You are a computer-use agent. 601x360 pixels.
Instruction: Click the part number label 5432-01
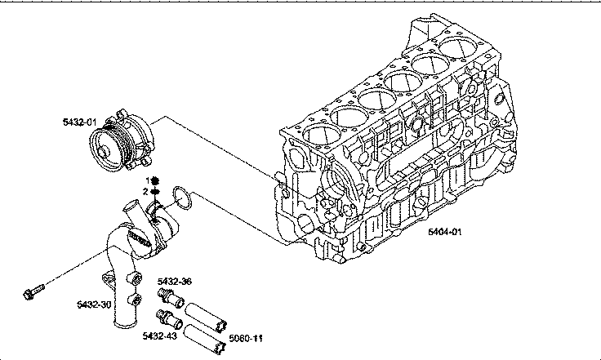80,122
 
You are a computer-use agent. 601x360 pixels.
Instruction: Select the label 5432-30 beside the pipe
94,304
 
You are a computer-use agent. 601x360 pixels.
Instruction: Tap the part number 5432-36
175,282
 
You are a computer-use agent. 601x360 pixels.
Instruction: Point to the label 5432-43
159,336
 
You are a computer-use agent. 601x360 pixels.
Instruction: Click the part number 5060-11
246,338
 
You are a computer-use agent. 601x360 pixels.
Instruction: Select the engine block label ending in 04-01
444,232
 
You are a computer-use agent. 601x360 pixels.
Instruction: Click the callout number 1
147,180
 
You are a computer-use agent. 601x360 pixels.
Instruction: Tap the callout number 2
145,192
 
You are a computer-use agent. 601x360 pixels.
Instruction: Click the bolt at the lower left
33,291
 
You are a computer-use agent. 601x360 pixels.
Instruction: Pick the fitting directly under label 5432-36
171,298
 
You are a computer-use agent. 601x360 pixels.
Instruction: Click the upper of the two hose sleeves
206,317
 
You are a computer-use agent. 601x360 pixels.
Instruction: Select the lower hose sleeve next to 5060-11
205,339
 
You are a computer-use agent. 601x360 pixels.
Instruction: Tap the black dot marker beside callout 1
155,180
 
